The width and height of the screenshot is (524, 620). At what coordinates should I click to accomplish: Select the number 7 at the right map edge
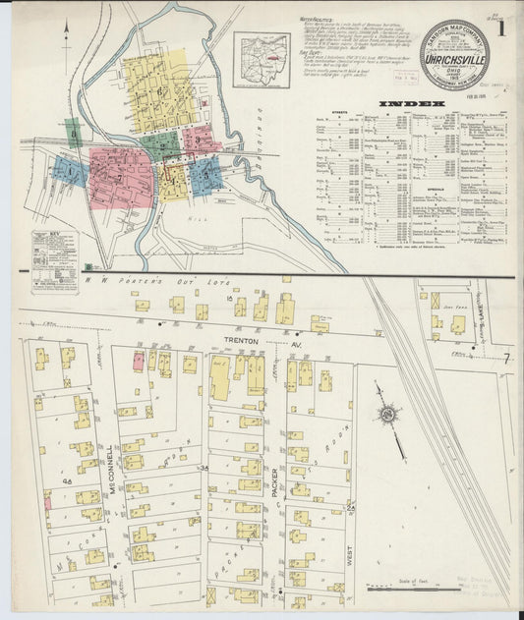(506, 358)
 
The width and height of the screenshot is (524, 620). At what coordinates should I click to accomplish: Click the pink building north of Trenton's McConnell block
(139, 360)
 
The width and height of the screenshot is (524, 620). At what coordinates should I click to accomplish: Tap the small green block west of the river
(72, 134)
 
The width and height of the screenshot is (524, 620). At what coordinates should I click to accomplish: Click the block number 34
(204, 467)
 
